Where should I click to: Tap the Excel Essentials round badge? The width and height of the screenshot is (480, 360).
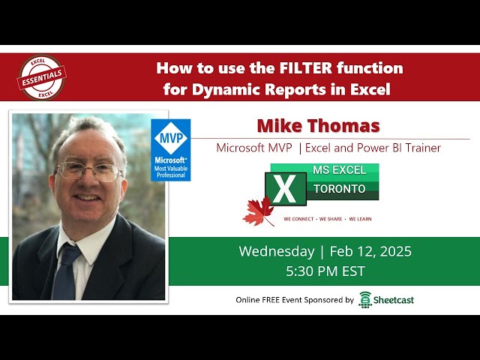pyautogui.click(x=42, y=77)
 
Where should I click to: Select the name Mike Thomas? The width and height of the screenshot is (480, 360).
pyautogui.click(x=318, y=125)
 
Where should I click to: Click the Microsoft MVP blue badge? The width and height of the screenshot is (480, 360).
pyautogui.click(x=171, y=150)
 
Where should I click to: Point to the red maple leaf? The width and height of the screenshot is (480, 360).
pyautogui.click(x=258, y=211)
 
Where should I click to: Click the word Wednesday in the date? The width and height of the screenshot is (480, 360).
pyautogui.click(x=277, y=251)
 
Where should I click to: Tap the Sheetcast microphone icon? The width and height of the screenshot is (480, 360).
pyautogui.click(x=366, y=299)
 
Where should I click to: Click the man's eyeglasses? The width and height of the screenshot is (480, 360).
pyautogui.click(x=88, y=172)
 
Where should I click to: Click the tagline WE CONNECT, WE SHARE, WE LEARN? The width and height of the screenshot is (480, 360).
pyautogui.click(x=327, y=219)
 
